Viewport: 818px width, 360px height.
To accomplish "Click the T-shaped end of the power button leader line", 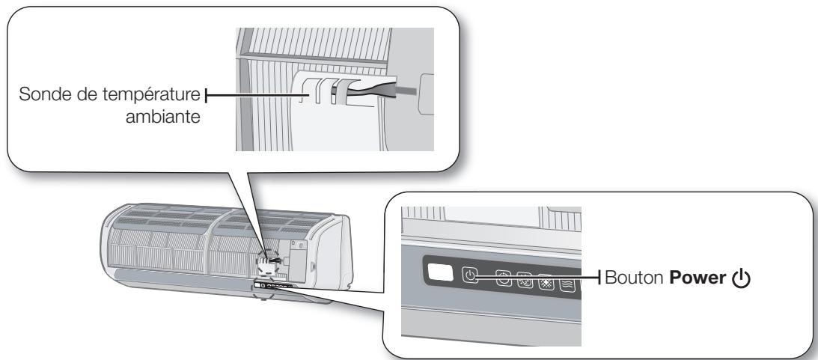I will pos(602,278).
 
